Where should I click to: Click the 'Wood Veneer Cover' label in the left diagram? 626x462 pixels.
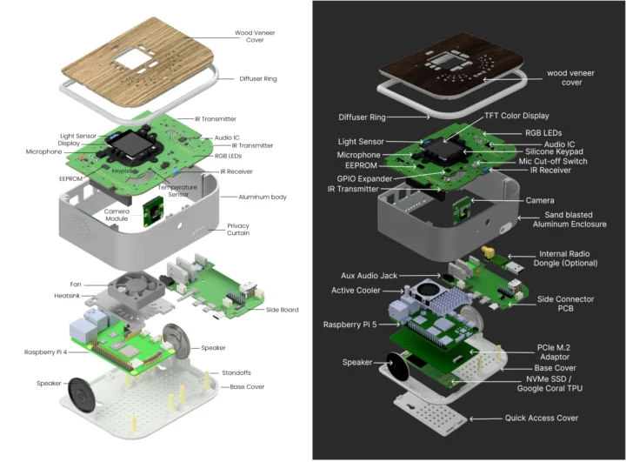tap(256, 37)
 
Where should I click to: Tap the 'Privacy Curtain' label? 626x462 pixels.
tap(237, 230)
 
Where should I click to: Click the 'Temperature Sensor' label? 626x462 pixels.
tap(177, 191)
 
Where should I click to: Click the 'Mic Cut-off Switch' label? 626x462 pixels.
tap(553, 161)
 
